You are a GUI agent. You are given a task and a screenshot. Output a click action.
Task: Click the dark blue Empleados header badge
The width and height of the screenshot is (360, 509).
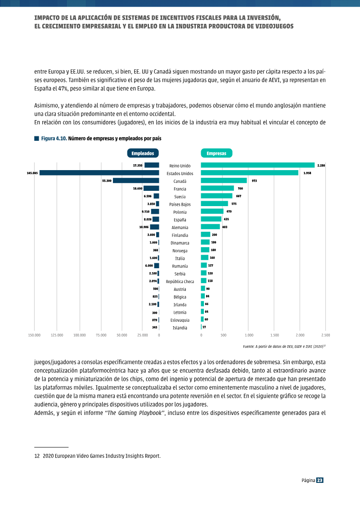tap(143, 153)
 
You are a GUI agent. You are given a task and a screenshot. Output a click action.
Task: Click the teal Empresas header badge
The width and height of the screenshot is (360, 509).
tap(216, 153)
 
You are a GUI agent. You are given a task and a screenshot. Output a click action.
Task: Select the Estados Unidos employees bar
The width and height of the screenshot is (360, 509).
tap(99, 173)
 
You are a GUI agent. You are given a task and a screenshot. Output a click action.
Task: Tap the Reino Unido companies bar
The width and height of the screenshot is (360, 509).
tap(258, 165)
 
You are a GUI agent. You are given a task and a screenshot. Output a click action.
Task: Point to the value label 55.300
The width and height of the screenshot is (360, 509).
tap(107, 181)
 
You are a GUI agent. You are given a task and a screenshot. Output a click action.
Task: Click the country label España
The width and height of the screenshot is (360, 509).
tap(180, 220)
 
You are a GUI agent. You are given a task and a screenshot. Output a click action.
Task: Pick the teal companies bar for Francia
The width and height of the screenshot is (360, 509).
tap(217, 188)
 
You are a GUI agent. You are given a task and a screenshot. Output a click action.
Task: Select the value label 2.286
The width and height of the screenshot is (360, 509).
tap(321, 166)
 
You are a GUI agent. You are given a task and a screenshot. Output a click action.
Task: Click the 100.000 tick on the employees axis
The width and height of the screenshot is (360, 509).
tap(80, 335)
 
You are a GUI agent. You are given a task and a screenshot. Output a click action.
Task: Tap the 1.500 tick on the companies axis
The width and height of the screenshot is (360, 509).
tap(274, 335)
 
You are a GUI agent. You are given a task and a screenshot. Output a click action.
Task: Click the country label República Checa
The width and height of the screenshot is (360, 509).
tap(180, 281)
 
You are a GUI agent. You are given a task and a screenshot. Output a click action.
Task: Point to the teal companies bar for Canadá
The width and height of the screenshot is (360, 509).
tap(224, 180)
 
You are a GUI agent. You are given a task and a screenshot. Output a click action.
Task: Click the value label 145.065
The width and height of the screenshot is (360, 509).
tap(32, 173)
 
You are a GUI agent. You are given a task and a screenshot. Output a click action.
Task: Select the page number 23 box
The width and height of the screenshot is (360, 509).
tap(320, 481)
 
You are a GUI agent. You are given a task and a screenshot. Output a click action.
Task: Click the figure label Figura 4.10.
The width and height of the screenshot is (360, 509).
tap(54, 139)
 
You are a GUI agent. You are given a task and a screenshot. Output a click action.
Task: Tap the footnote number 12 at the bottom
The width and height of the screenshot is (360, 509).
tap(37, 456)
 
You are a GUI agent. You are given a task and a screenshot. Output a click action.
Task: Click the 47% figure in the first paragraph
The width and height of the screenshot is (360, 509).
tap(63, 89)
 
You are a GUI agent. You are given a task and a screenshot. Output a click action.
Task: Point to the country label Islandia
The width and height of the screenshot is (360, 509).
tap(180, 328)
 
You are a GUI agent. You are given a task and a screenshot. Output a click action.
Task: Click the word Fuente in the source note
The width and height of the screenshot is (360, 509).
tap(248, 347)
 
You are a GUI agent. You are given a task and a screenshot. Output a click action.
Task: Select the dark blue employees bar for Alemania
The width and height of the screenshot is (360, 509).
tap(154, 227)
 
